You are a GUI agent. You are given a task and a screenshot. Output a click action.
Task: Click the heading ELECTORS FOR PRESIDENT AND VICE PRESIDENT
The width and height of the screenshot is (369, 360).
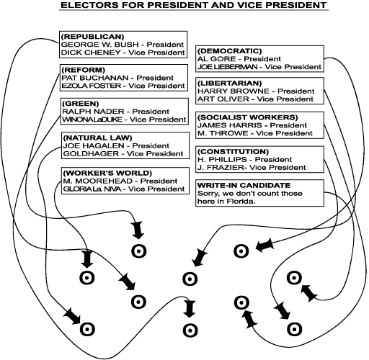point(184,6)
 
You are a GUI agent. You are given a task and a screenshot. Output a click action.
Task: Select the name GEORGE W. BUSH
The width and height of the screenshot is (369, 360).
point(93,43)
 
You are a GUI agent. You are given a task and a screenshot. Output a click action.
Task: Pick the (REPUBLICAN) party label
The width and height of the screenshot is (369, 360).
point(93,35)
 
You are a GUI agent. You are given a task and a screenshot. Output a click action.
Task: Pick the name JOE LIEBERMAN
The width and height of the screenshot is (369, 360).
point(230,67)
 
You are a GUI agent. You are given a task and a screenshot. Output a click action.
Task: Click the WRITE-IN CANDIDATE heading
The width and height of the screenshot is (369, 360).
point(237,185)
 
